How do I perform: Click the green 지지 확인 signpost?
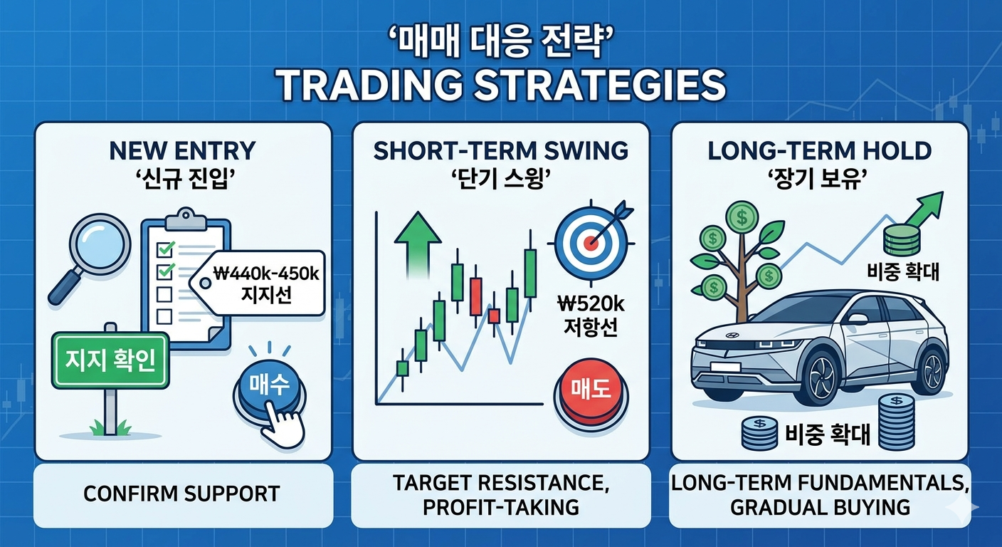(x=110, y=360)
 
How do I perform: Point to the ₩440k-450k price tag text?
(x=267, y=273)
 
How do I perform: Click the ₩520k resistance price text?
(x=591, y=304)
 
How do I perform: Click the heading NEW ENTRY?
(x=182, y=150)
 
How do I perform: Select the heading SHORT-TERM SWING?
(x=501, y=150)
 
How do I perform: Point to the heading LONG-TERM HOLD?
(x=820, y=150)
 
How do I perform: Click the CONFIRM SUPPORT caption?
(x=182, y=494)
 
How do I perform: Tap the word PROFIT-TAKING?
(x=501, y=507)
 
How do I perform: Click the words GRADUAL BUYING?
(x=820, y=507)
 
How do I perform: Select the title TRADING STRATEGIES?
(x=501, y=84)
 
